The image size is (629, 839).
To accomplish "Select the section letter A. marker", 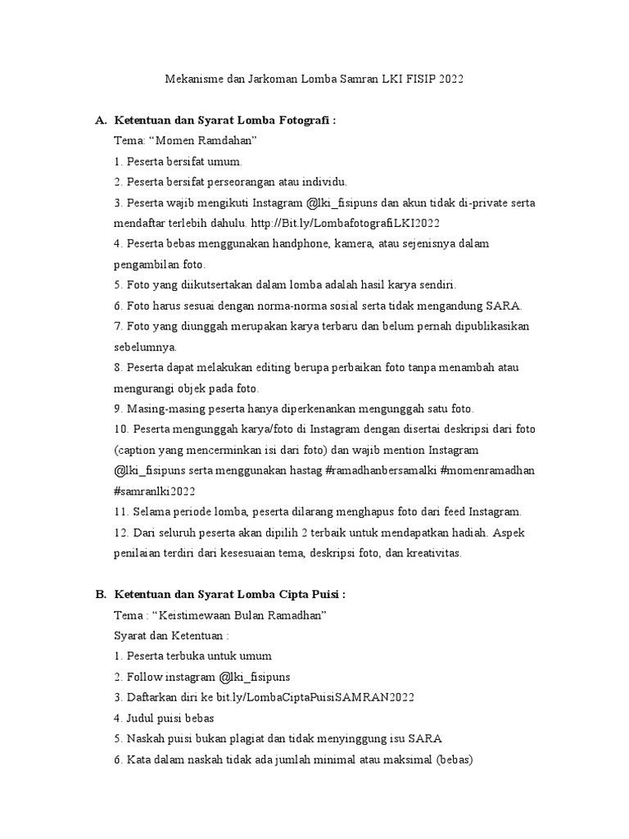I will [101, 120].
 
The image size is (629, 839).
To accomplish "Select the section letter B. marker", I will [101, 594].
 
